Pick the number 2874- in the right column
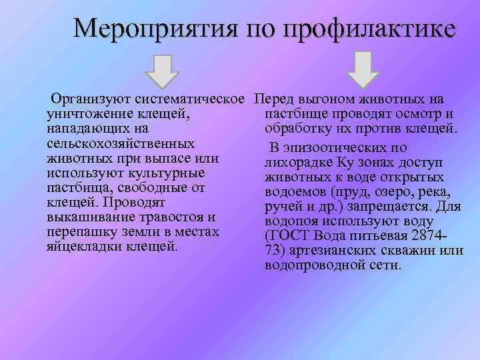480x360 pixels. coord(431,235)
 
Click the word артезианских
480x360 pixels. coord(343,250)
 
